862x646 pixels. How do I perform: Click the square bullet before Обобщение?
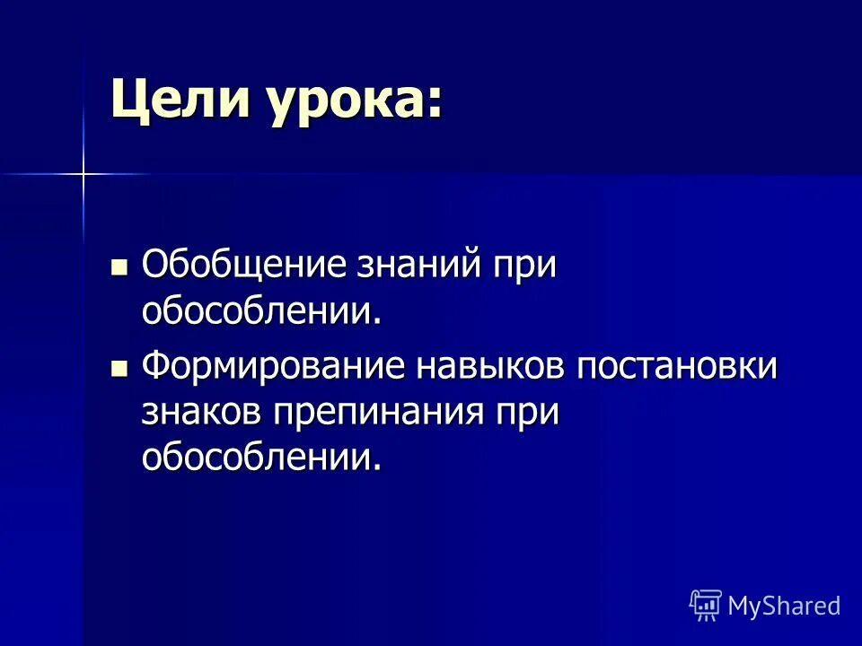[x=119, y=266]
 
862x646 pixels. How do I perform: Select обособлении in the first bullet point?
[x=256, y=311]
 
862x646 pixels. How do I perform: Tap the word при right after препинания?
[x=527, y=414]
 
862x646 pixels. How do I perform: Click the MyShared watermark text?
[x=784, y=606]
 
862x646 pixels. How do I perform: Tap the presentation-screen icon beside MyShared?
[x=706, y=605]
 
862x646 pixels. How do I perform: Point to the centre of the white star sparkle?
[x=82, y=173]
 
